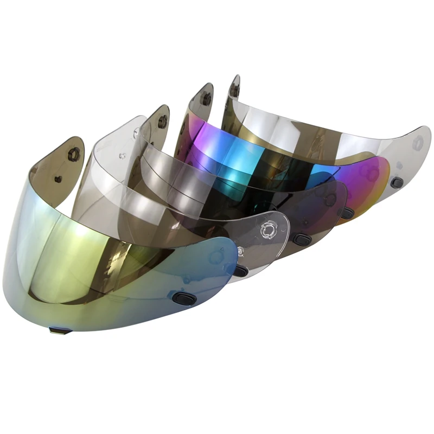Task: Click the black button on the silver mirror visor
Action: tap(397, 183)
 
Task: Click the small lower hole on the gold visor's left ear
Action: tap(59, 179)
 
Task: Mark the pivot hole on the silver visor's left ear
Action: tap(234, 90)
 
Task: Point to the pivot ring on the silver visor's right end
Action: tap(417, 143)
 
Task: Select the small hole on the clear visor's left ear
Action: tap(123, 156)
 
